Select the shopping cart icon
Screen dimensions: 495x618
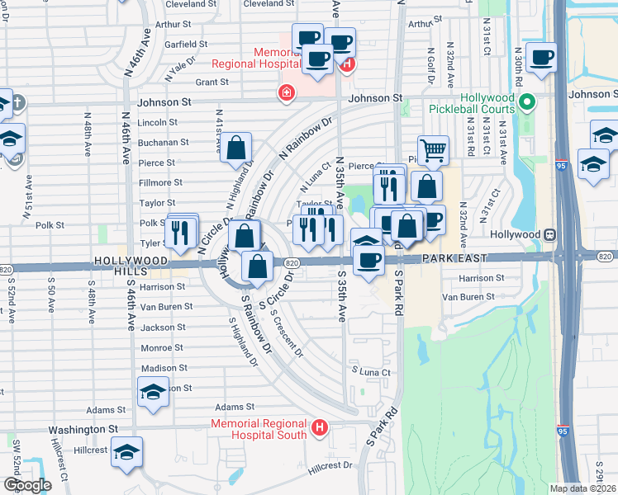pos(433,150)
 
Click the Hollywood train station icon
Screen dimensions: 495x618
pos(549,234)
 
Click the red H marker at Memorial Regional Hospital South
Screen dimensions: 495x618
pos(320,428)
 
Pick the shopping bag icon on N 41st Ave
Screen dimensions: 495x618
pos(236,148)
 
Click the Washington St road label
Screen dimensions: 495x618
pos(83,430)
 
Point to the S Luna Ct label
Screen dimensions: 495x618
pos(369,372)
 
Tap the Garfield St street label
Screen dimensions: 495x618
pos(186,44)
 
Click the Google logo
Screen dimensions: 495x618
pos(27,485)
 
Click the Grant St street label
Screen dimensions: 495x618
pos(212,82)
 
